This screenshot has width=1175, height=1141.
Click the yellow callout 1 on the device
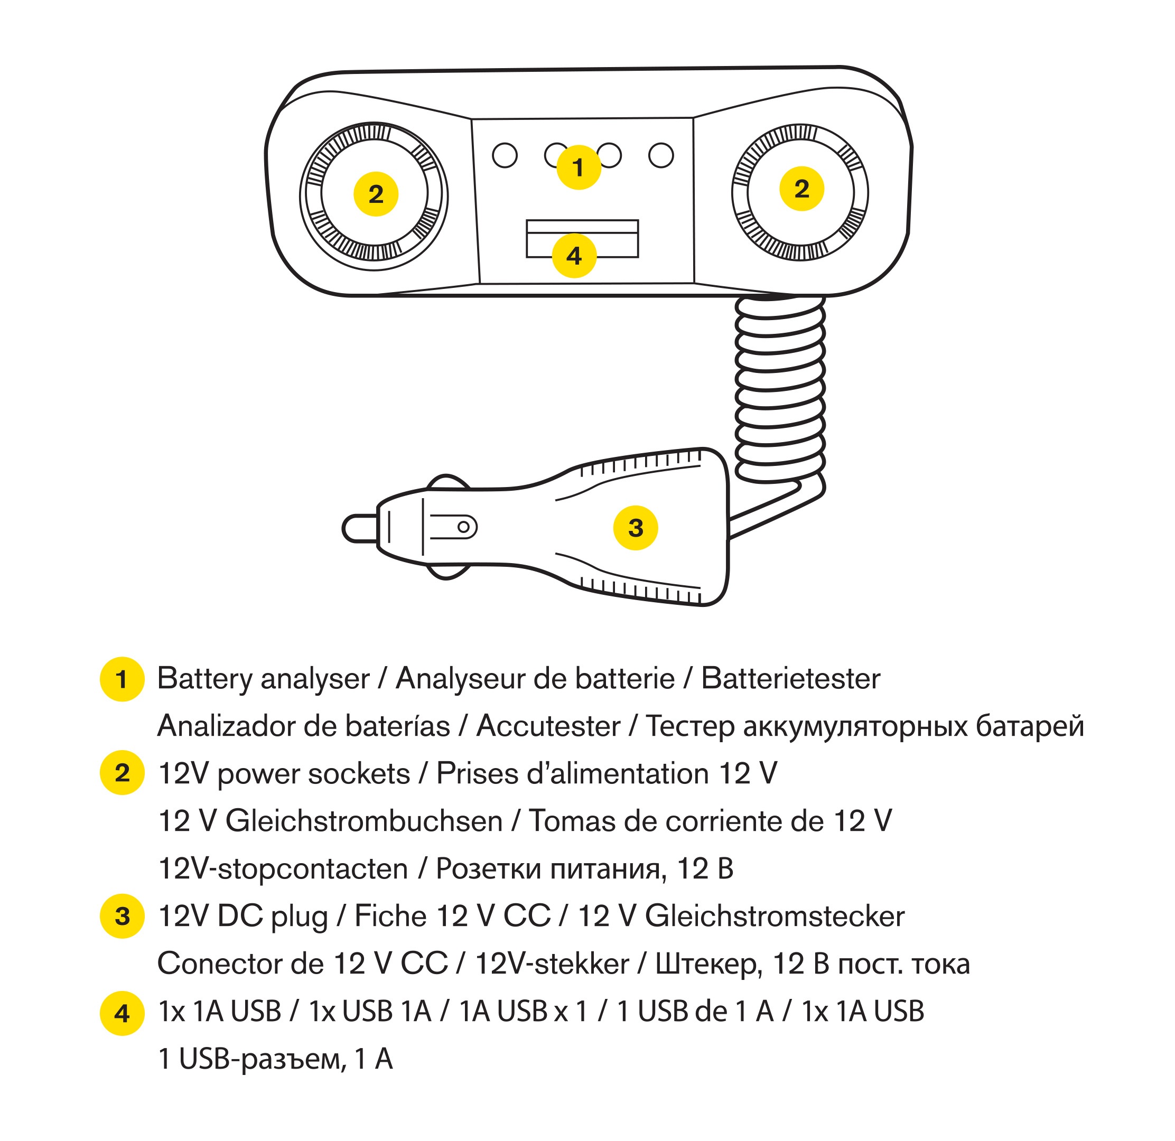point(579,167)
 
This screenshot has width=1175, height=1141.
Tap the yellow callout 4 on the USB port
point(574,256)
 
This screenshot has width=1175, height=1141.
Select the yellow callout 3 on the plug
point(636,527)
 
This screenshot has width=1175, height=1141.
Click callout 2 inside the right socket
point(801,189)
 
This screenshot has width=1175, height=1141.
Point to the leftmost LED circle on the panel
point(505,155)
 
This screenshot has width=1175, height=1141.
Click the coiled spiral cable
point(779,389)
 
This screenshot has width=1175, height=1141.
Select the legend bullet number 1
point(122,679)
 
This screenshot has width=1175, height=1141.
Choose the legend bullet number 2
point(122,773)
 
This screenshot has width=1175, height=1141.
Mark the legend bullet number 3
point(122,916)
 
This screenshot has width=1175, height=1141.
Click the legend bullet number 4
point(122,1013)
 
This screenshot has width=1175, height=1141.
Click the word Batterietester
point(790,679)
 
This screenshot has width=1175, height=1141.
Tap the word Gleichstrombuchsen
point(364,821)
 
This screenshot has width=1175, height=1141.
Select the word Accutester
point(548,726)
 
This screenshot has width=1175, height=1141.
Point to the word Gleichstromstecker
point(774,916)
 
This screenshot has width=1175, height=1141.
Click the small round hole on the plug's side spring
point(463,527)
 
